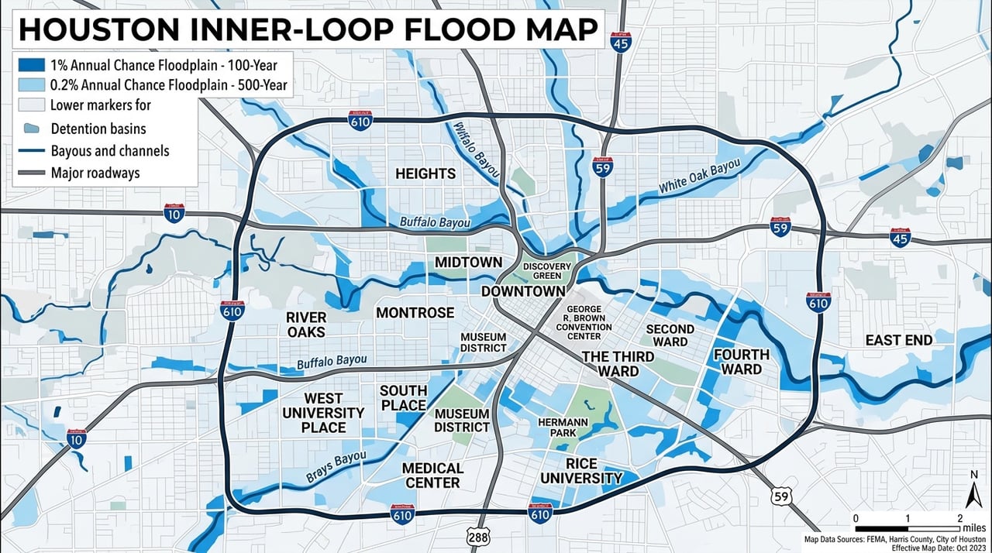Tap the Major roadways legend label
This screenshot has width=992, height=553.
pos(95,173)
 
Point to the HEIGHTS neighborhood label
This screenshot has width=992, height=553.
pos(425,173)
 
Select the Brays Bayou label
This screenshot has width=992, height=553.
pos(336,468)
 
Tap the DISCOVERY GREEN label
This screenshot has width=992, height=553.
pos(547,271)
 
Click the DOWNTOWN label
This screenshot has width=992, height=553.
pos(523,291)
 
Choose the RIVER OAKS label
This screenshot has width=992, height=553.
pos(306,325)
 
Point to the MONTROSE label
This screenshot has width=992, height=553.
pos(415,313)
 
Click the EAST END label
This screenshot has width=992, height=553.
pos(898,340)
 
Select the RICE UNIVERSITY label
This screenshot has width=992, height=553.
pos(581,471)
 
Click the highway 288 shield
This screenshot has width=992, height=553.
pos(477,538)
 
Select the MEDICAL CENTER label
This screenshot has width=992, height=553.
pos(432,476)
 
